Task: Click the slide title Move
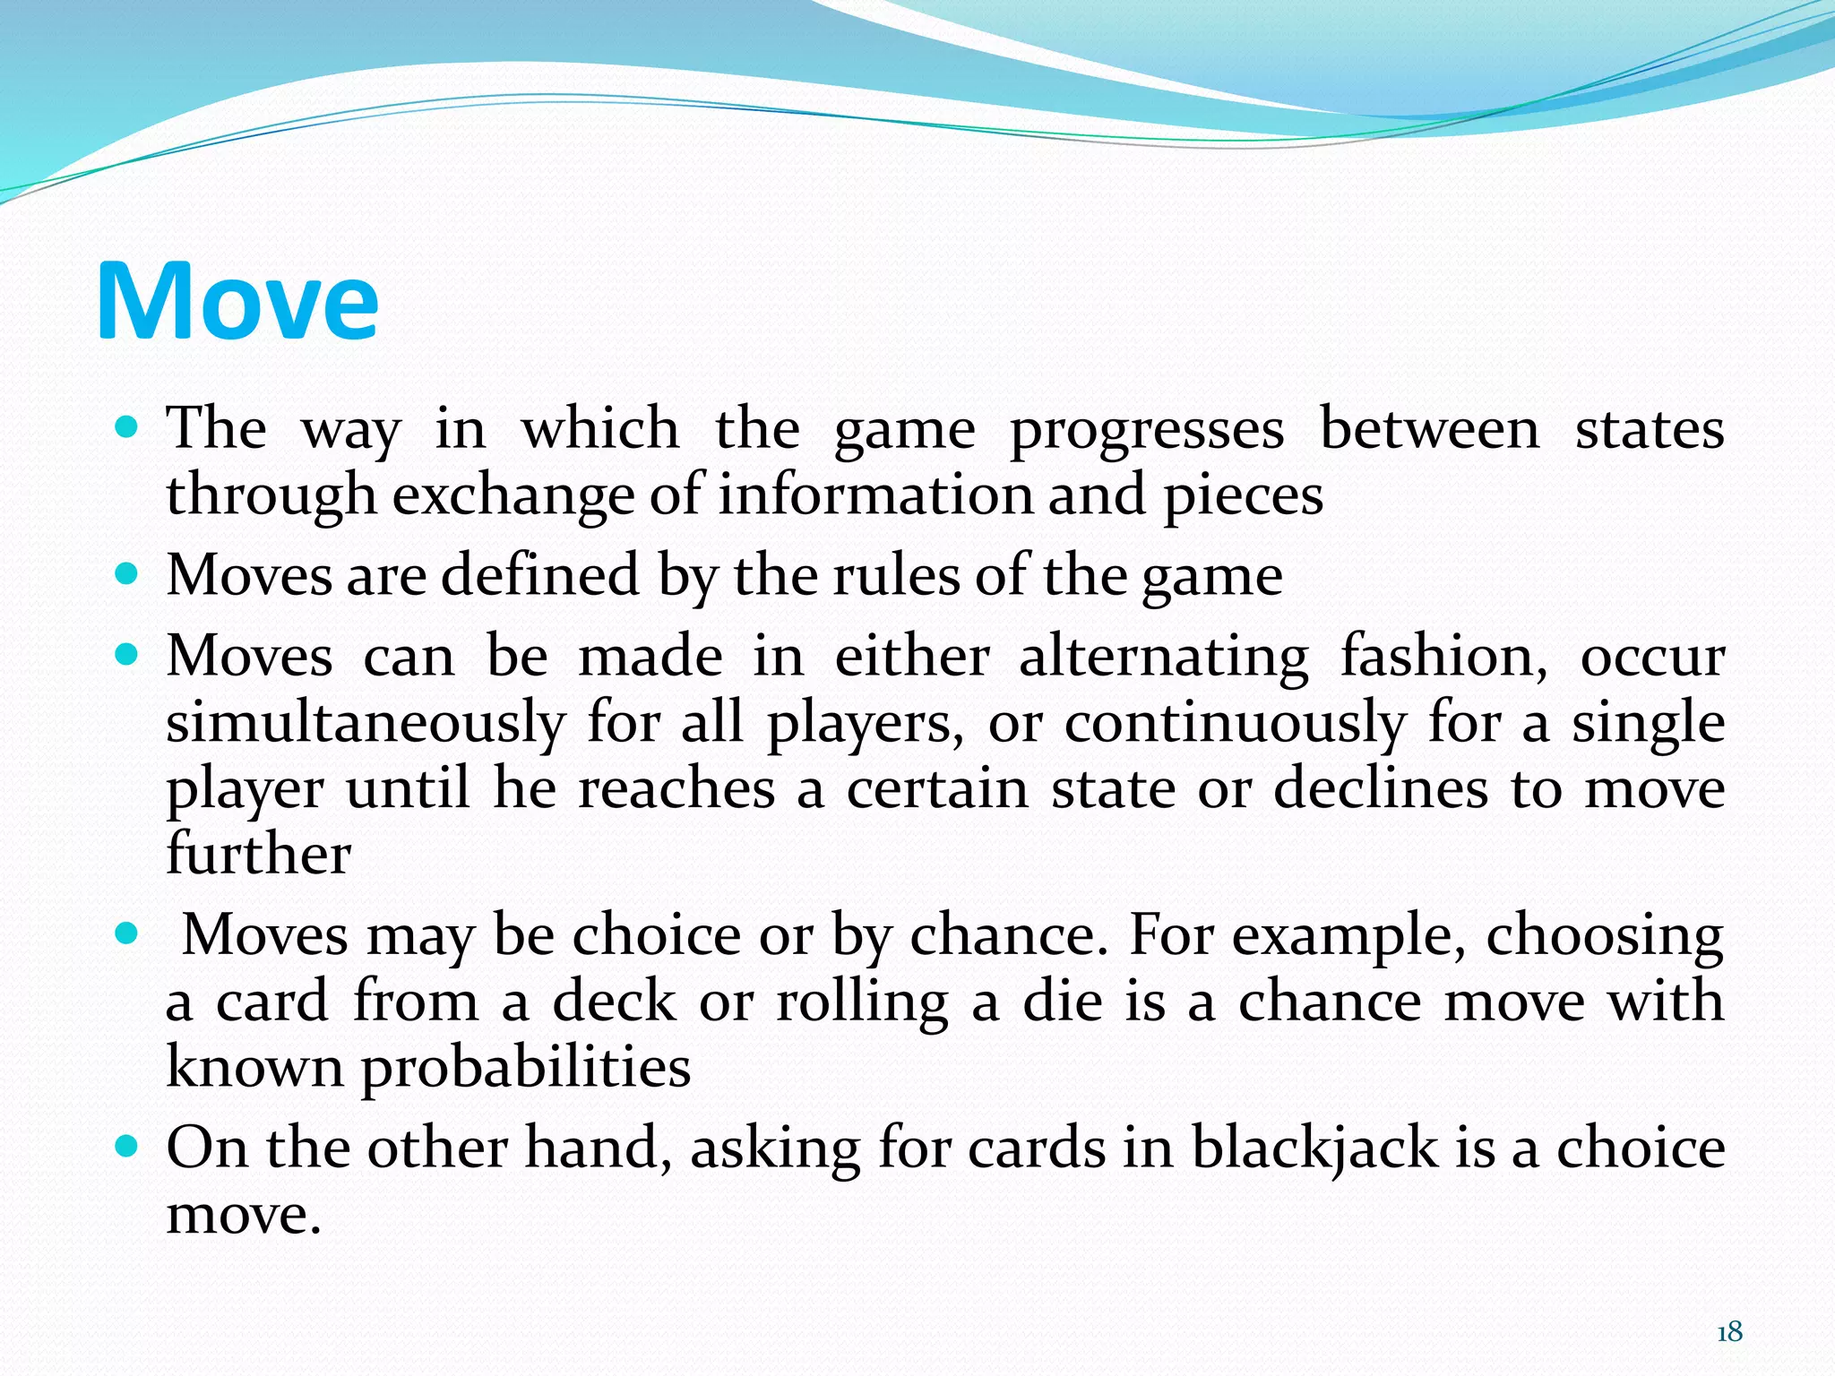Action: pyautogui.click(x=237, y=301)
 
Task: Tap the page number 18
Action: pyautogui.click(x=1729, y=1332)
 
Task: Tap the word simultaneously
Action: pyautogui.click(x=366, y=724)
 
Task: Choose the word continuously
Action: pyautogui.click(x=1235, y=724)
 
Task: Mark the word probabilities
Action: pyautogui.click(x=526, y=1069)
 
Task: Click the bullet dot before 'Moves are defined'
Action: pyautogui.click(x=127, y=573)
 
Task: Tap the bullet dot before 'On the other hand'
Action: pyautogui.click(x=127, y=1146)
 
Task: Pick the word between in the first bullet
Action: pyautogui.click(x=1430, y=430)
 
